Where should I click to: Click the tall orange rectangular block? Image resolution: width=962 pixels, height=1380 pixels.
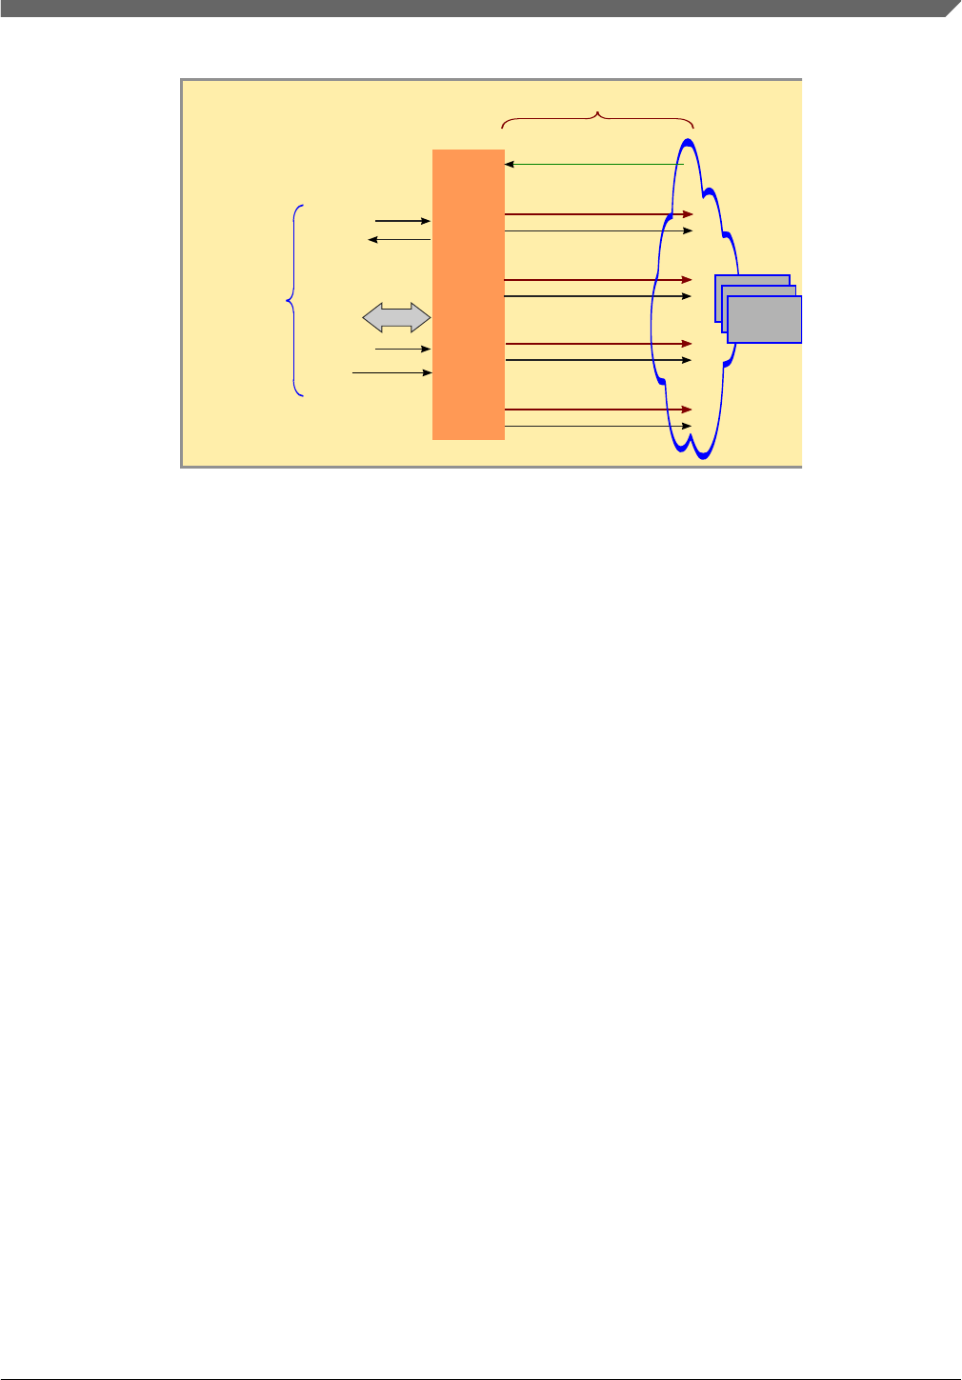468,294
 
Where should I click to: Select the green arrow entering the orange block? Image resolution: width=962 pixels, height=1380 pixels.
594,165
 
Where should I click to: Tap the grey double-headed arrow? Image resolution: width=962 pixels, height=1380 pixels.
397,318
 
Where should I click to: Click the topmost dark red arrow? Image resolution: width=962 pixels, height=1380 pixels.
597,214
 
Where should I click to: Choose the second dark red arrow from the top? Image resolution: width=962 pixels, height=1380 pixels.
597,280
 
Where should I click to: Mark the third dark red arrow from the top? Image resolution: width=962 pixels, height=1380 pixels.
597,343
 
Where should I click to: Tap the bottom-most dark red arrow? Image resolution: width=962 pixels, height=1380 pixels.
597,410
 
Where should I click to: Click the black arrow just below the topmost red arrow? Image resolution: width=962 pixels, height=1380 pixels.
597,230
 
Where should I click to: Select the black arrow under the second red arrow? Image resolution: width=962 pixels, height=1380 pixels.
597,296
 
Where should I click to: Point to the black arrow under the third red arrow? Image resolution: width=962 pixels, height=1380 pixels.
597,360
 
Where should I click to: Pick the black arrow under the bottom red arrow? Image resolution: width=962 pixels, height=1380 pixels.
597,426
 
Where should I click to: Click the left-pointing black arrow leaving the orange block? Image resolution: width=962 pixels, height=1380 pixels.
400,239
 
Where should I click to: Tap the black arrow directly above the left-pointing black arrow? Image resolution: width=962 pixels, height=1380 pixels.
403,221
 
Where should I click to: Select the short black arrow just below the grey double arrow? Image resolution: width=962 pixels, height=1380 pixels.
404,350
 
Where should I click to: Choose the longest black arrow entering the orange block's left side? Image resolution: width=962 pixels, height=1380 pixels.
392,372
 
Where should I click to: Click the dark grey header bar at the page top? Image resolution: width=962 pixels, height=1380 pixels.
476,8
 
